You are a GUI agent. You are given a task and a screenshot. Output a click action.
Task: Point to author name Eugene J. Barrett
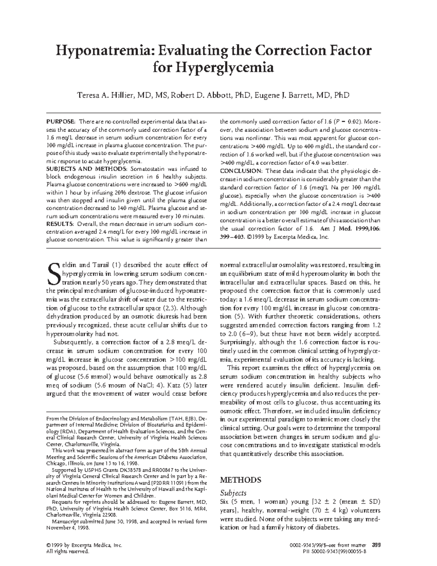[285, 95]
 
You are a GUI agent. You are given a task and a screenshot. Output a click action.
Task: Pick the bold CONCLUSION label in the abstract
[241, 171]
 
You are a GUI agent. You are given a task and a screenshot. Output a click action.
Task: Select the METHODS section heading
[241, 480]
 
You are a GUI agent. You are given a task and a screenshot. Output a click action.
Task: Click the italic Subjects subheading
[233, 493]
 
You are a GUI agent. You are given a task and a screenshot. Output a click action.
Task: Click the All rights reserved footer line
[67, 552]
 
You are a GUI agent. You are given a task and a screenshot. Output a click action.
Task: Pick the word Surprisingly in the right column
[238, 342]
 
